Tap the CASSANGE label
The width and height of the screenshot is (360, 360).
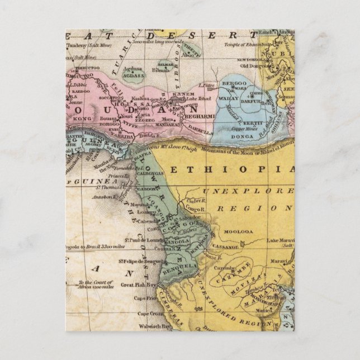click(226, 245)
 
